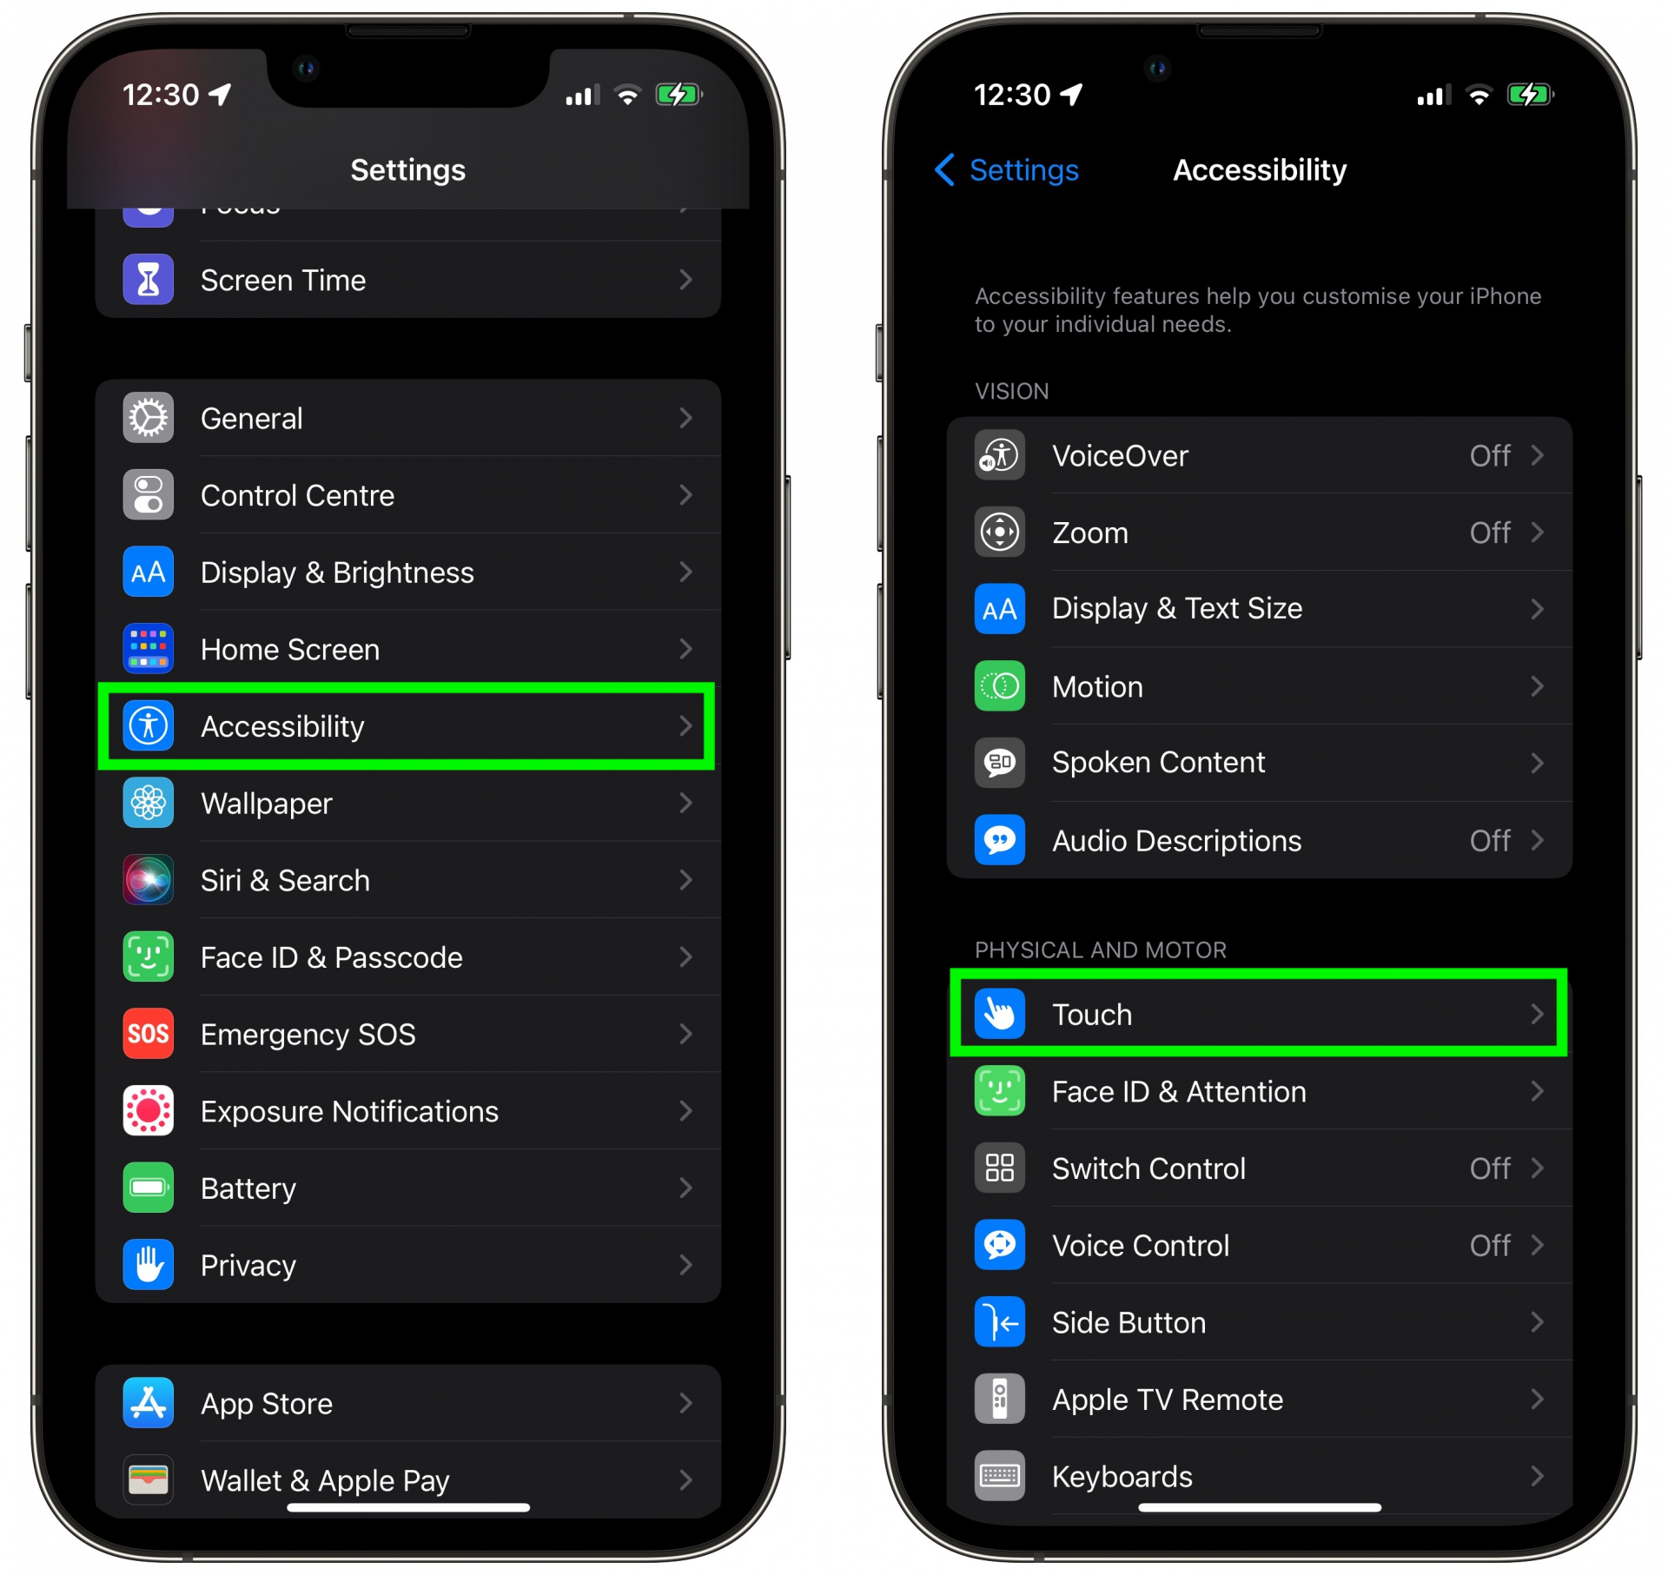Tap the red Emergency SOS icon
point(148,1034)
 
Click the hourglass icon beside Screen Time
point(148,280)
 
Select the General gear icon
point(148,418)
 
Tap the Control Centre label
point(297,495)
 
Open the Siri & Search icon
point(148,880)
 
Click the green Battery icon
point(148,1188)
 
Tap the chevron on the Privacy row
point(685,1265)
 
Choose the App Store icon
point(148,1403)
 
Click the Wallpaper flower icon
point(148,804)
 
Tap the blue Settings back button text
point(1023,170)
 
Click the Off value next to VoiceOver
point(1490,455)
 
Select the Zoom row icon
point(999,532)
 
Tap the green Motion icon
point(999,686)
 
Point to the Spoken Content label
point(1158,762)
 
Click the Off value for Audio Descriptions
point(1490,840)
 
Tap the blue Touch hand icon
point(999,1014)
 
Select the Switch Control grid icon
point(999,1168)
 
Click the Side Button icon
point(999,1322)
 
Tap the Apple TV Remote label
point(1168,1400)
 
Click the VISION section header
point(1011,391)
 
